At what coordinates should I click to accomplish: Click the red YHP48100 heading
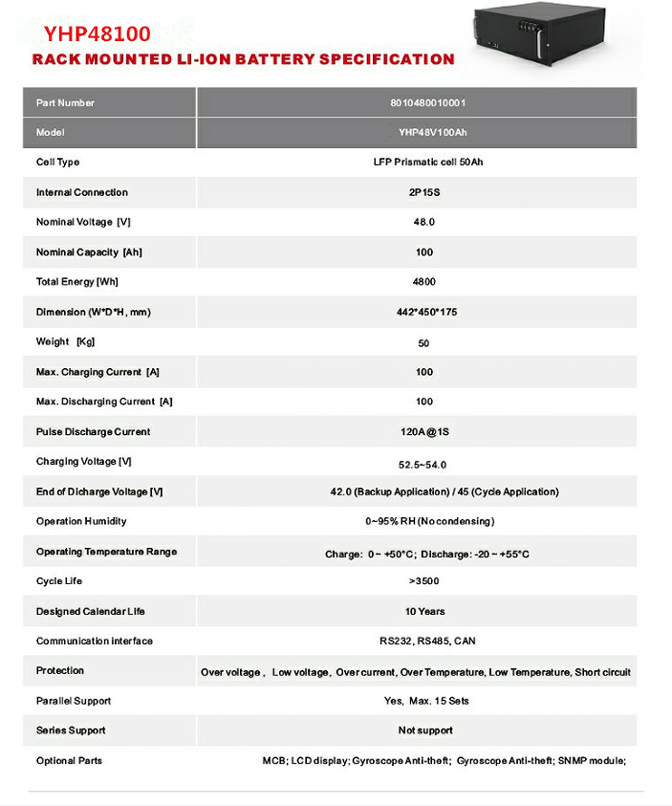point(97,33)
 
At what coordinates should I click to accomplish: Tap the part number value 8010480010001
point(427,102)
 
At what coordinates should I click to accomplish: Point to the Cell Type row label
point(58,163)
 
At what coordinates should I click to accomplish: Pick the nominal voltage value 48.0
point(424,222)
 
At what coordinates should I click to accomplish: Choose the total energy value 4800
point(424,282)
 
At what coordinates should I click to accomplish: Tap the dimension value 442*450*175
point(427,312)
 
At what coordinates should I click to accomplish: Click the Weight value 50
point(424,342)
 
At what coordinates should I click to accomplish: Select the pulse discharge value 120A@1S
point(424,432)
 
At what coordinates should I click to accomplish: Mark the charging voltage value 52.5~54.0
point(423,464)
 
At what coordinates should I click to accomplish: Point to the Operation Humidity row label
point(81,521)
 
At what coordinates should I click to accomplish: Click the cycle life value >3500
point(424,581)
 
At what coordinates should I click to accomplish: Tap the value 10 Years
point(424,611)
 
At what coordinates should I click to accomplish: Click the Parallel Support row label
point(74,701)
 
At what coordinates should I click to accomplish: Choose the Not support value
point(426,730)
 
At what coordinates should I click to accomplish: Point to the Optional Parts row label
point(69,760)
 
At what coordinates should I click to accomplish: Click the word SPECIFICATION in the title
point(386,59)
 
